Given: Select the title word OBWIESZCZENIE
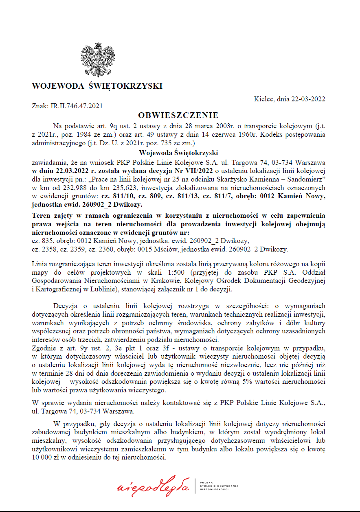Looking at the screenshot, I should tap(178, 115).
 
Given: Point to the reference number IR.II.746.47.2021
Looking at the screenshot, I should tap(76, 106).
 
